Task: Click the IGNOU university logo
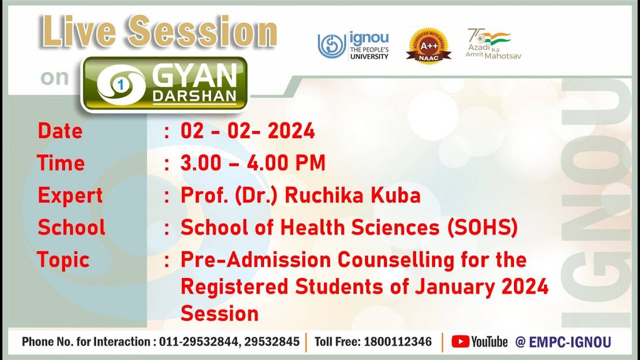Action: [x=353, y=46]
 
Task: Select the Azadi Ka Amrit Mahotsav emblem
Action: [x=493, y=44]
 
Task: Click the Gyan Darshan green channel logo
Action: [x=164, y=83]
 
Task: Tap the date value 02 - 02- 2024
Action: [x=247, y=131]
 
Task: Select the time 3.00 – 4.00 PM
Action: [x=252, y=163]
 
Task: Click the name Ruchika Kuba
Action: [x=352, y=195]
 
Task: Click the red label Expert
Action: [x=70, y=195]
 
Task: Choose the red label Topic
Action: [x=63, y=260]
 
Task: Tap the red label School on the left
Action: [x=71, y=228]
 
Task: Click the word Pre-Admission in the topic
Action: [x=255, y=260]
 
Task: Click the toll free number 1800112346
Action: [x=398, y=342]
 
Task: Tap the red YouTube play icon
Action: [x=460, y=342]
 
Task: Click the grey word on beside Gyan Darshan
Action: [x=54, y=77]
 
